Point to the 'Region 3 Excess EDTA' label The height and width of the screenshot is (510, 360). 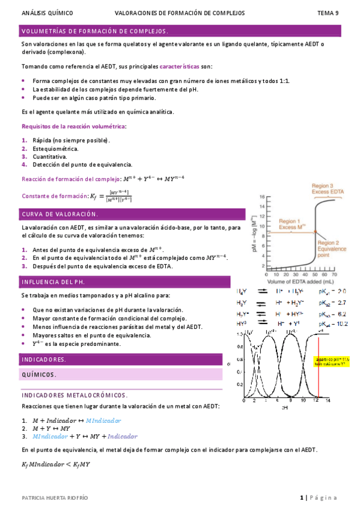pos(325,191)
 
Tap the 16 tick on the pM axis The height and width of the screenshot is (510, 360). pos(261,197)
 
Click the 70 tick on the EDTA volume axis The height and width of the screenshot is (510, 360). pos(334,274)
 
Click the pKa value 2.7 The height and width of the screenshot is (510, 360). pos(338,302)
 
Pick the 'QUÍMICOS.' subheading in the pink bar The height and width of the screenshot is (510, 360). pos(40,375)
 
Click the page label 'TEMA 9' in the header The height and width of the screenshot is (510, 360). pos(328,13)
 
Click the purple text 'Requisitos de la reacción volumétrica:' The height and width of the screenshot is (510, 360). pos(74,126)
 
